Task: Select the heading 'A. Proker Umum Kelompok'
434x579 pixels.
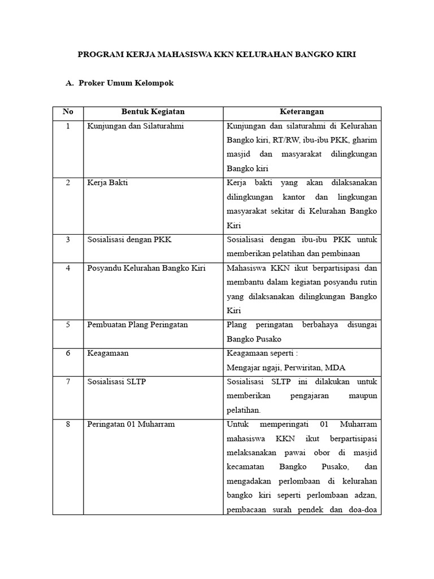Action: point(119,83)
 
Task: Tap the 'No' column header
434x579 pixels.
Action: point(68,112)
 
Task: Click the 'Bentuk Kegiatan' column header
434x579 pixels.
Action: point(153,112)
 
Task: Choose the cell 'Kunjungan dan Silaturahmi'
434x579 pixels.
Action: point(136,126)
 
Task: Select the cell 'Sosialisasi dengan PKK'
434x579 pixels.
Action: point(129,240)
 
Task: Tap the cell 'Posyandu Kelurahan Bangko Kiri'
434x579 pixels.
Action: point(146,268)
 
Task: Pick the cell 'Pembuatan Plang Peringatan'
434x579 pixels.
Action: point(137,325)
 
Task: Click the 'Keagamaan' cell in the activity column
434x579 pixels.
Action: point(107,353)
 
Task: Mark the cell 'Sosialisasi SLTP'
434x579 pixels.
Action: point(116,382)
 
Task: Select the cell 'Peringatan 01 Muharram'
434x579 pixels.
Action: point(131,424)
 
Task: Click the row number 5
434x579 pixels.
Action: point(68,325)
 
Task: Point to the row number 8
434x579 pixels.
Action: point(68,424)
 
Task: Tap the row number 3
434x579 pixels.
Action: point(68,240)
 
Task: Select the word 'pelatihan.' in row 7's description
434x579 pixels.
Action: point(244,410)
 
